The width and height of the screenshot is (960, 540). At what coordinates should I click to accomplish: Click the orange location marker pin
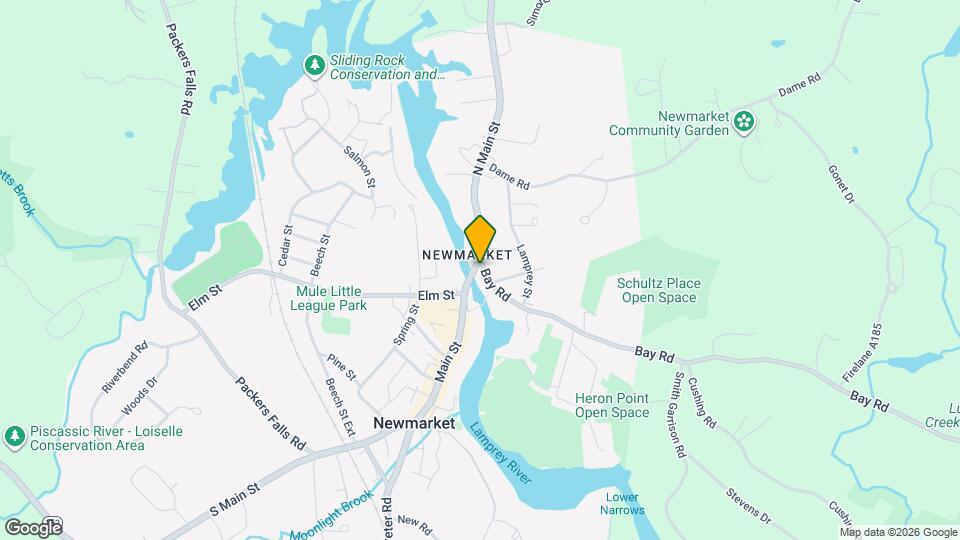coord(480,238)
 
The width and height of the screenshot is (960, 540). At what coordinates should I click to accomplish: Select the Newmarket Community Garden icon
coord(744,122)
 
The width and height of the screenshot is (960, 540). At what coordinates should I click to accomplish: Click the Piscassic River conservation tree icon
coord(14,436)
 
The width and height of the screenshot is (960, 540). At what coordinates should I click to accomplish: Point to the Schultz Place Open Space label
coord(658,290)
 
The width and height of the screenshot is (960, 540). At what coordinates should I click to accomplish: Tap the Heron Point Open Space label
coord(612,405)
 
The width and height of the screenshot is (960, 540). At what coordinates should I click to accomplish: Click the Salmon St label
coord(359,167)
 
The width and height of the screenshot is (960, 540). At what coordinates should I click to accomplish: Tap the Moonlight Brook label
coord(331,516)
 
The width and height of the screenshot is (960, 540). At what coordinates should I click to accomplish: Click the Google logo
coord(33,527)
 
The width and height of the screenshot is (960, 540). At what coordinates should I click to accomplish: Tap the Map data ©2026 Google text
coord(898,532)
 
